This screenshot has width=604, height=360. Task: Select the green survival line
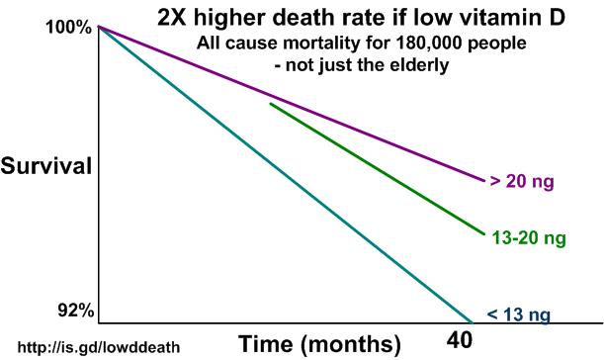[x=376, y=167]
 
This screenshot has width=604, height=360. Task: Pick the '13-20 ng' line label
[x=528, y=237]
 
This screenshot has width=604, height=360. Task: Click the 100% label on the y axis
[x=69, y=28]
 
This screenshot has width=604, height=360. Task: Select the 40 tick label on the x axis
[x=461, y=341]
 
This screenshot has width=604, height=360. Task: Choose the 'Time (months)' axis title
[x=320, y=344]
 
